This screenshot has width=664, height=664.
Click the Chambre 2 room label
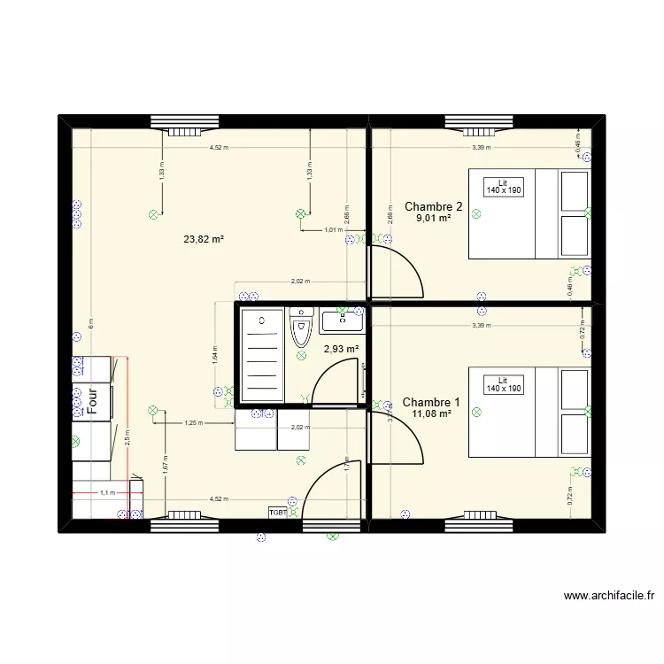pos(434,206)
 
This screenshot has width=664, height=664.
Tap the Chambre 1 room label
pos(431,402)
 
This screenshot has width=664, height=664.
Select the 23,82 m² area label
pos(204,239)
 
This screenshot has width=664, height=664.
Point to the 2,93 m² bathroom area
pos(341,349)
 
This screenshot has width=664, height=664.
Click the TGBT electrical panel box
pos(278,512)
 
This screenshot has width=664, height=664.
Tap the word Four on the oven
pos(91,400)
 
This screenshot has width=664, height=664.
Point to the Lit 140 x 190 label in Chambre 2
pos(503,186)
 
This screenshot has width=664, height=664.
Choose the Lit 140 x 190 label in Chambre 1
pos(503,384)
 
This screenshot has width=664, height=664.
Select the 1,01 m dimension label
pos(333,230)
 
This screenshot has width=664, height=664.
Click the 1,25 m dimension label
pos(195,423)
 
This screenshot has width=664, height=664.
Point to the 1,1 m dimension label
pos(107,493)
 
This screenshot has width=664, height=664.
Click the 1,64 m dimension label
pos(216,355)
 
